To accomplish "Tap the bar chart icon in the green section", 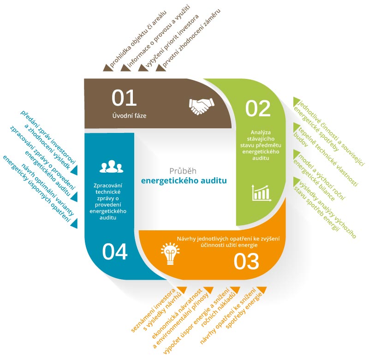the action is pos(262,193).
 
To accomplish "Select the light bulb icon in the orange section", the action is pos(170,253).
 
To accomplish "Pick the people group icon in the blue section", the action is pos(111,167).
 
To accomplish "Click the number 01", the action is pos(124,98).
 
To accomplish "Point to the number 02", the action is pos(258,108).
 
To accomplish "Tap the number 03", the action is pos(246,261).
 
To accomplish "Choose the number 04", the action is pos(115,252).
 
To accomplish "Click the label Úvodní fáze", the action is pos(129,115).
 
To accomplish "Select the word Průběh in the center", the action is pos(183,171).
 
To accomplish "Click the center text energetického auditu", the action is pos(184,181).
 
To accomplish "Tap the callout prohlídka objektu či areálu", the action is pos(138,39).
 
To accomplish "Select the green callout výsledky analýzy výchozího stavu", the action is pos(325,208).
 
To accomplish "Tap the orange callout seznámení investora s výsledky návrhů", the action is pos(156,310).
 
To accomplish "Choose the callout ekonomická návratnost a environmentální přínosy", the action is pos(180,318).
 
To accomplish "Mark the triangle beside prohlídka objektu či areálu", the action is pos(107,67).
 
